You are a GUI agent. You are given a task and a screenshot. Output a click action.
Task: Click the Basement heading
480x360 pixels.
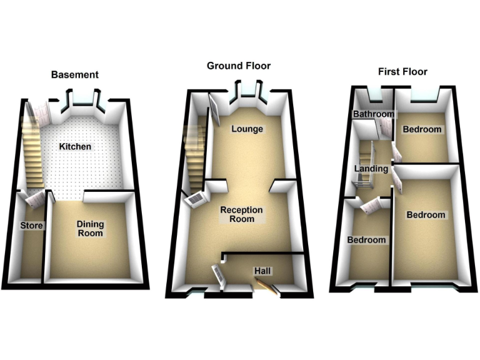(74, 75)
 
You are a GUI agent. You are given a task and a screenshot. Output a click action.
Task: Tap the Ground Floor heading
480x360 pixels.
(239, 66)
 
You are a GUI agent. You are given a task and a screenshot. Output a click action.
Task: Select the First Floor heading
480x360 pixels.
(402, 71)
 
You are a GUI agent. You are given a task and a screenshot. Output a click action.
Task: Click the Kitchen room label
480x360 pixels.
(75, 147)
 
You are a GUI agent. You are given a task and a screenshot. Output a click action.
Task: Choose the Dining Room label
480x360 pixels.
(90, 228)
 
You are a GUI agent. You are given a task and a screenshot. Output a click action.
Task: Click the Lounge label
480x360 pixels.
(247, 129)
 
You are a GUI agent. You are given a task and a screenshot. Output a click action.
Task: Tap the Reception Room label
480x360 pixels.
(242, 214)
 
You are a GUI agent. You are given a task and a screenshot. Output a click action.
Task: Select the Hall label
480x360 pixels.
(262, 271)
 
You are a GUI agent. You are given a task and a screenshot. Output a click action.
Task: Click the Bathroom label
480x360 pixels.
(374, 114)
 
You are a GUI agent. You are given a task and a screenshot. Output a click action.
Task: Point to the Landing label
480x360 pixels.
(371, 169)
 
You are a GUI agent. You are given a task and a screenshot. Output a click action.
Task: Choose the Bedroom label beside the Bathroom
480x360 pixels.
(422, 130)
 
